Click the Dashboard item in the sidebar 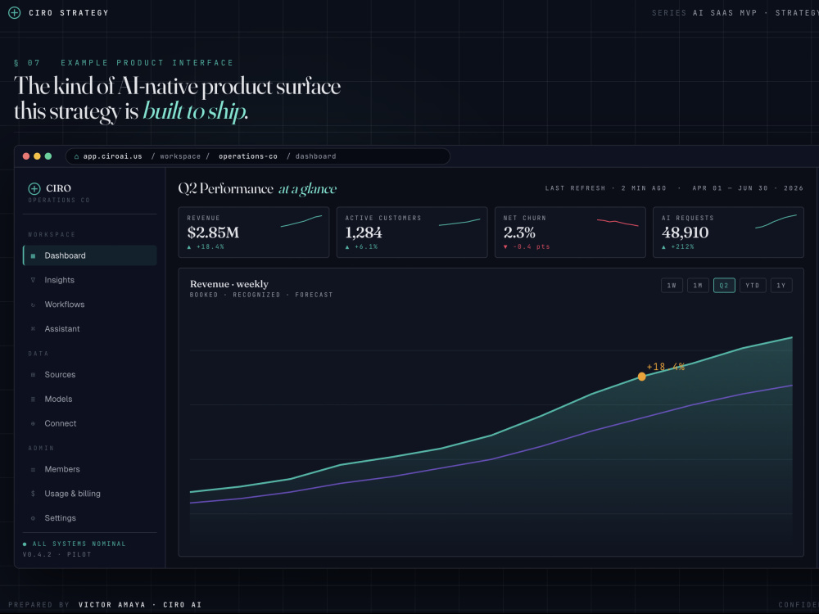pos(90,255)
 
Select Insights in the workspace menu pos(59,280)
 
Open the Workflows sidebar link pos(64,305)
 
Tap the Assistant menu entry pos(62,329)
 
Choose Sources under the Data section pos(60,374)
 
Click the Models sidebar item pos(58,399)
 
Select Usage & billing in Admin pos(72,494)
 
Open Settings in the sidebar pos(60,518)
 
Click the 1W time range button pos(672,286)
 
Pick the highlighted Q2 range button pos(724,286)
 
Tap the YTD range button pos(753,286)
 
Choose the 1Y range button pos(781,286)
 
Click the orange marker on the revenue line pos(642,377)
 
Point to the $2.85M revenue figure pos(213,233)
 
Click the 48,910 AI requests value pos(686,233)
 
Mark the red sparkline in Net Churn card pos(618,223)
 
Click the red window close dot pos(26,156)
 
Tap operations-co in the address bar pos(248,156)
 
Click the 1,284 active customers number pos(364,233)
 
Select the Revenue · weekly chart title pos(229,284)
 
